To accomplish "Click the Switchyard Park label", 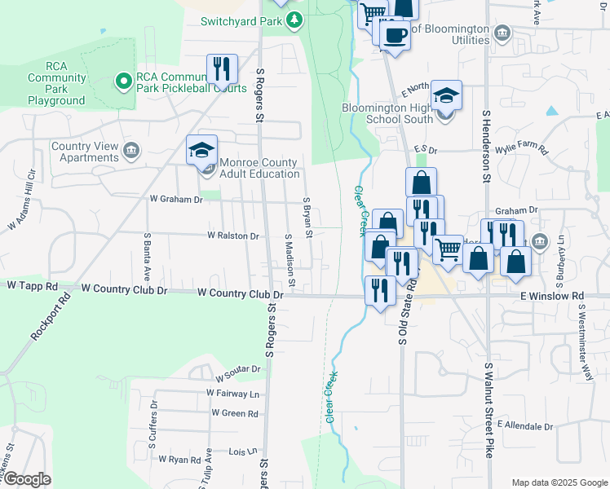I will coord(241,20).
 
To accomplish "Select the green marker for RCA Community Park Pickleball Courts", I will coord(123,80).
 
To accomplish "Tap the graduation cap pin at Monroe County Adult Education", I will coord(201,151).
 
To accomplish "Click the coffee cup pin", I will coord(395,36).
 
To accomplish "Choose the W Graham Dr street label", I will coord(175,198).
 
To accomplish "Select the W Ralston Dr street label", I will coord(232,236).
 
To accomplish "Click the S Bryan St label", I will coord(308,218).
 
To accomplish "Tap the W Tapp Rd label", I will coord(33,287).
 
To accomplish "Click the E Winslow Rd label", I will coord(555,296).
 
